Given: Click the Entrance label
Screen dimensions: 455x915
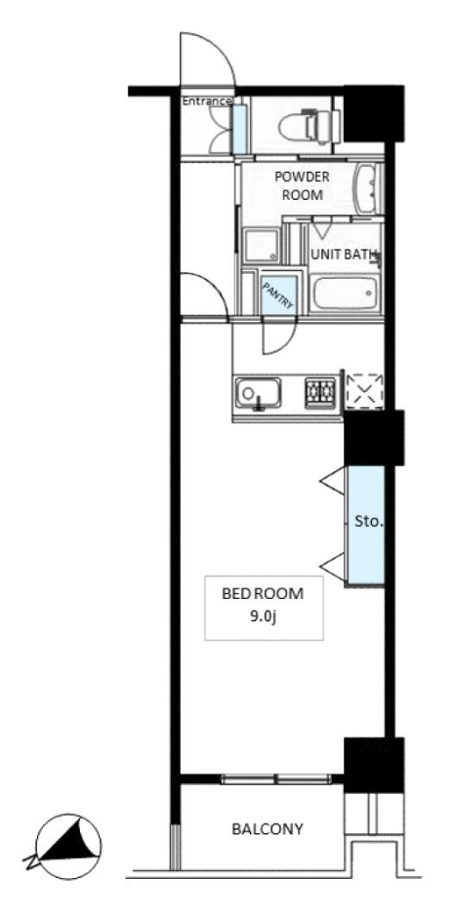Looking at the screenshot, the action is [207, 101].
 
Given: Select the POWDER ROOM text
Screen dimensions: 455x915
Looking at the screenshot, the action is [303, 186].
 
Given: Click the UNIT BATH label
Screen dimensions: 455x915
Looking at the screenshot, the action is [344, 255].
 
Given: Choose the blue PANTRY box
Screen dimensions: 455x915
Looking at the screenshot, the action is [278, 295].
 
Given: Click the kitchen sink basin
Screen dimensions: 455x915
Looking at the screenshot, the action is [258, 394].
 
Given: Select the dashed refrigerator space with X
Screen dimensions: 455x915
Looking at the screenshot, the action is [364, 389].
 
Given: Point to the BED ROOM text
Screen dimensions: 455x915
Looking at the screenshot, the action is [263, 594].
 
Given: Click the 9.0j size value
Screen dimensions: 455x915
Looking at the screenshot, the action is [263, 617].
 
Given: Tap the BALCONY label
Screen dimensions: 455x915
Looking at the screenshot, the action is [268, 828].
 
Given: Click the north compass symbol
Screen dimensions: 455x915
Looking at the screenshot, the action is [67, 846].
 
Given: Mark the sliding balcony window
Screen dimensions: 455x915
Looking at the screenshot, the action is [276, 778].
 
